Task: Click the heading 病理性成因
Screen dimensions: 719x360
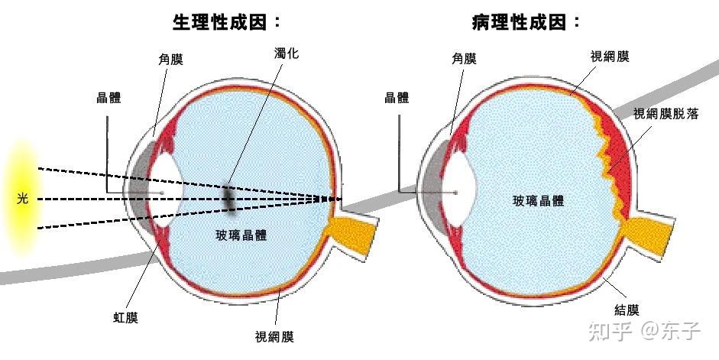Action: click(x=526, y=23)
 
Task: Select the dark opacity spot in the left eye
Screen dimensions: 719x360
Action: click(x=228, y=196)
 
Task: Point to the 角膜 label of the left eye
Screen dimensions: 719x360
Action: click(x=170, y=59)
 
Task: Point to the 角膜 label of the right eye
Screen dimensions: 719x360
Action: click(x=464, y=59)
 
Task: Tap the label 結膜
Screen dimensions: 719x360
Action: click(x=627, y=310)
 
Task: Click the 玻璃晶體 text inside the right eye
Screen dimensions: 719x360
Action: click(x=538, y=201)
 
